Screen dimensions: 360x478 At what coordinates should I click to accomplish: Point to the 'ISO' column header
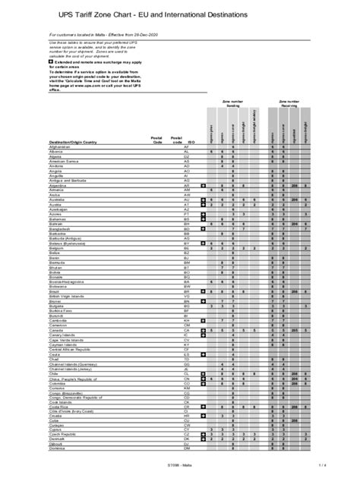[x=194, y=142]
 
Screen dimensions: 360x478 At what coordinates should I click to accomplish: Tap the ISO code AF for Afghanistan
[x=186, y=147]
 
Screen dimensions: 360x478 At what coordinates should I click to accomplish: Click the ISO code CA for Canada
[x=186, y=331]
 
